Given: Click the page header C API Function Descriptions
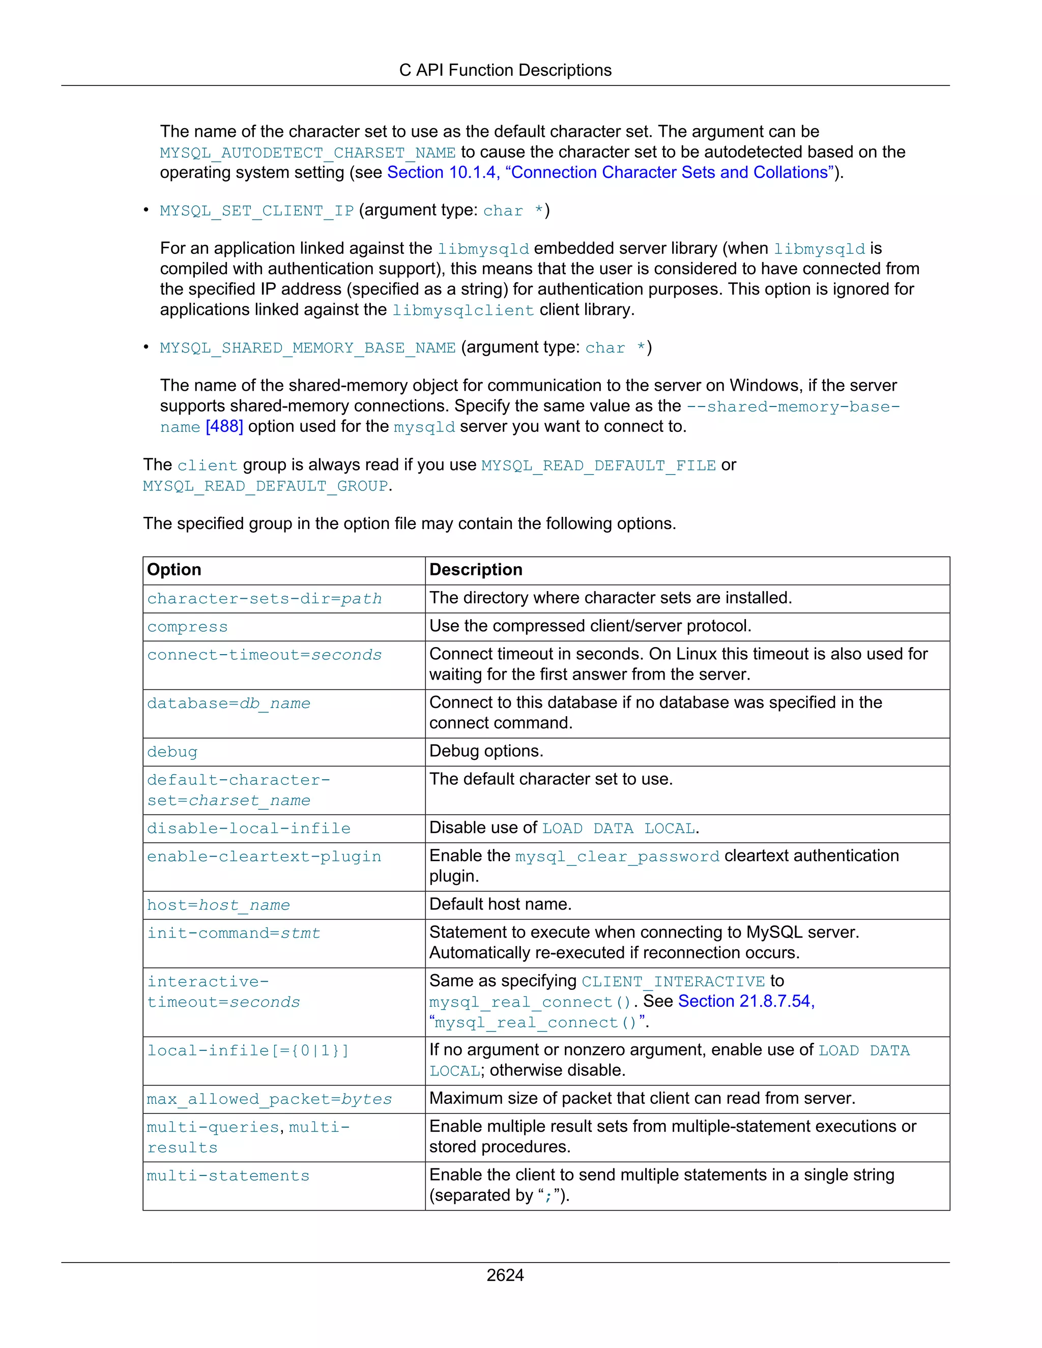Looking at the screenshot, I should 505,70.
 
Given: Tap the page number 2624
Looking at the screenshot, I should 505,1275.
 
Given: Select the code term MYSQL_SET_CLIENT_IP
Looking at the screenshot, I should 256,211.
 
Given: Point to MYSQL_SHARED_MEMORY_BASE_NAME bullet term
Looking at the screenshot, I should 307,348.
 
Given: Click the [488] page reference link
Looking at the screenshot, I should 224,426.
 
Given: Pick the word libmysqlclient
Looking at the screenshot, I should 463,310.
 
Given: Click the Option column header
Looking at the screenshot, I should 174,570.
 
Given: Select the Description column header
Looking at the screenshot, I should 476,570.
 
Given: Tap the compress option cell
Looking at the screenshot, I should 188,627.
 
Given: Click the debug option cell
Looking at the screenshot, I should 172,752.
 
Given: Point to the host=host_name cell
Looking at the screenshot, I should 218,905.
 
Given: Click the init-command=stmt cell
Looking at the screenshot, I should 234,933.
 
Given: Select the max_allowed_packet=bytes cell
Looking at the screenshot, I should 269,1099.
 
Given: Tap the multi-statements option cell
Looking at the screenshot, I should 228,1176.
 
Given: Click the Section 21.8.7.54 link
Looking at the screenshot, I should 746,1001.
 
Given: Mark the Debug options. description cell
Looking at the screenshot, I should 486,751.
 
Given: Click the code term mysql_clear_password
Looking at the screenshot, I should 617,857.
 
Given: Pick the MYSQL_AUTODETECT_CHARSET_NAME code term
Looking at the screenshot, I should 307,153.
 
